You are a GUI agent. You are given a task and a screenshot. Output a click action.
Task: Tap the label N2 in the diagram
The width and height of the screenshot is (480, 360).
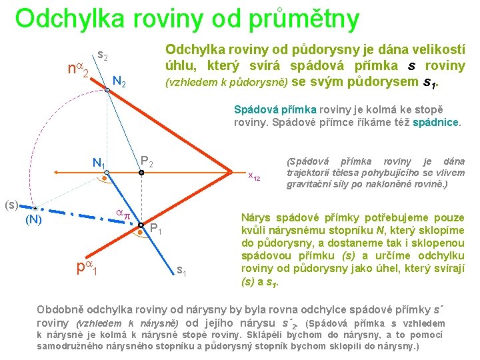pyautogui.click(x=120, y=82)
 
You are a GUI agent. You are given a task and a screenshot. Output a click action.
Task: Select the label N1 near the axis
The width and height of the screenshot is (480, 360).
pyautogui.click(x=99, y=162)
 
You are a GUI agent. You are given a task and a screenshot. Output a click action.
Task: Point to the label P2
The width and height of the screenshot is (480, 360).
pyautogui.click(x=147, y=162)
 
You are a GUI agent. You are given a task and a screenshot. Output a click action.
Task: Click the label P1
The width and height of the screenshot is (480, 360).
pyautogui.click(x=157, y=230)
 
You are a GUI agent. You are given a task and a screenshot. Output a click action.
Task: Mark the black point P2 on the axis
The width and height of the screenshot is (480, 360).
pyautogui.click(x=141, y=173)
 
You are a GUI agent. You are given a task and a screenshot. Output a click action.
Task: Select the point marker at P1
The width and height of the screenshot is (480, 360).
pyautogui.click(x=141, y=225)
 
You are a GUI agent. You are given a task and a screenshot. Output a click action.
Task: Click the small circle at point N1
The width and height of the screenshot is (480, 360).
pyautogui.click(x=106, y=173)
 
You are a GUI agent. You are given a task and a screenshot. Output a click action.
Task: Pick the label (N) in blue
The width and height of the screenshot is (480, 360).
pyautogui.click(x=34, y=220)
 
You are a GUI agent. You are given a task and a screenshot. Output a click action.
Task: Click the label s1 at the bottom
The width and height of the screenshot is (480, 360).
pyautogui.click(x=181, y=270)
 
